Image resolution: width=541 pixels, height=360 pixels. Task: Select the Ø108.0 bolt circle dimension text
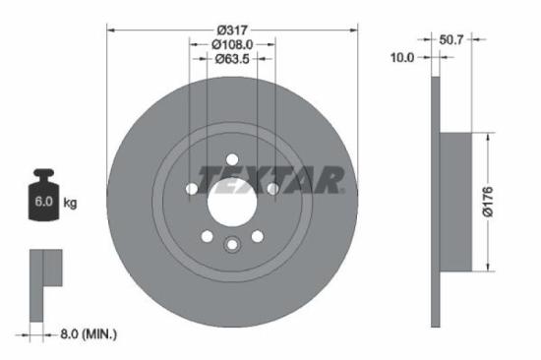coord(232,44)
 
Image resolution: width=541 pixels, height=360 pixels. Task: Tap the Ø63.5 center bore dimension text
coord(232,58)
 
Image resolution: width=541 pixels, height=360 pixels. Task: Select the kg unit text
coord(70,204)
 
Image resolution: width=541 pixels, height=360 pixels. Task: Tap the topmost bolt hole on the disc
coord(232,159)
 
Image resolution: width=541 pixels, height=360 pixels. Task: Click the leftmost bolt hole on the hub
coord(192,189)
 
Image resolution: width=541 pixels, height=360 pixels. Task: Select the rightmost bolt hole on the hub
coord(272,189)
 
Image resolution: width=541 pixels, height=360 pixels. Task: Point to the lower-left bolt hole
coord(208,236)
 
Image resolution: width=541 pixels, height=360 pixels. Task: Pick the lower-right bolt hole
coord(257,236)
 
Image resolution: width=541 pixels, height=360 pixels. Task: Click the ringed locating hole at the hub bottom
coord(232,246)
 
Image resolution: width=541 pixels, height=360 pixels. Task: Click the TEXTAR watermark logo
coord(270,178)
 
